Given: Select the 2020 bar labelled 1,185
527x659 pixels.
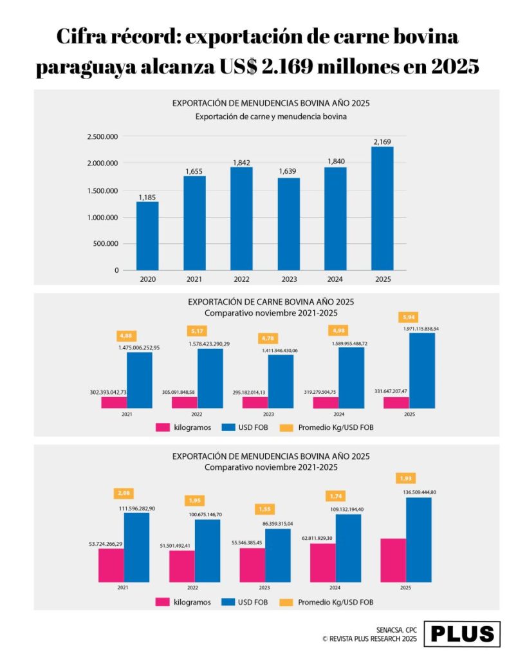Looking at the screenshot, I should [147, 236].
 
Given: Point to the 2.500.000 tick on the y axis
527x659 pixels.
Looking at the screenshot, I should [102, 136].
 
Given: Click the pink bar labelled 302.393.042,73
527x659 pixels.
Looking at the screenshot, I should [113, 402].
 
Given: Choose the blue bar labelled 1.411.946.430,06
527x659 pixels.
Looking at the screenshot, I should [281, 381].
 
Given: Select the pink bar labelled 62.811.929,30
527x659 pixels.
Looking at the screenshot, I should [322, 562].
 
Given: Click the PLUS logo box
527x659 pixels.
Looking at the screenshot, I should [463, 633].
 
